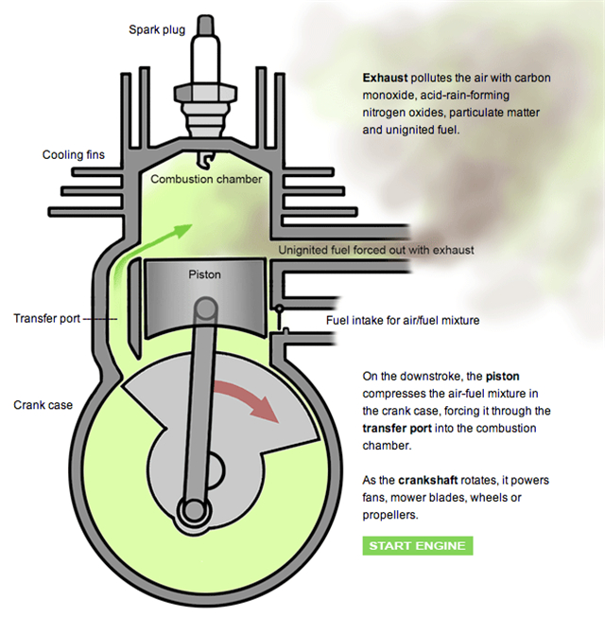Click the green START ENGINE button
[x=417, y=546]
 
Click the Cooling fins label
[x=74, y=155]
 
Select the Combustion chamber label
[x=206, y=179]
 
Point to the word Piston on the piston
[x=204, y=274]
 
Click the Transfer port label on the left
[x=47, y=318]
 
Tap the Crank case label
[x=43, y=405]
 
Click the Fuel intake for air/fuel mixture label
[x=403, y=320]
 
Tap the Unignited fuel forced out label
[x=376, y=251]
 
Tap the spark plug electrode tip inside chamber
[x=210, y=155]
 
